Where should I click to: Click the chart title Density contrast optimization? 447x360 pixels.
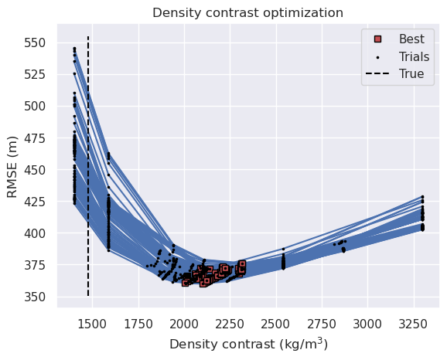click(247, 12)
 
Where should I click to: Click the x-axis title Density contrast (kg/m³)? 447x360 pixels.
click(247, 345)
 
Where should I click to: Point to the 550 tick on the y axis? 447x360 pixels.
click(37, 42)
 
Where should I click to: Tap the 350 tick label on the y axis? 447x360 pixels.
click(37, 297)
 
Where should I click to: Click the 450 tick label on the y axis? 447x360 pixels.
click(37, 169)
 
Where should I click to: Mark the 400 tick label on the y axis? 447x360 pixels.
click(37, 233)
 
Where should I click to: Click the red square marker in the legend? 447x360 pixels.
click(376, 39)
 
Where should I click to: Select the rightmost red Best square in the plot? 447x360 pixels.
click(242, 264)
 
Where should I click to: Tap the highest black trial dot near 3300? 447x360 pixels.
click(422, 197)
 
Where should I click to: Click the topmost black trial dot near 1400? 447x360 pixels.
click(74, 48)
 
